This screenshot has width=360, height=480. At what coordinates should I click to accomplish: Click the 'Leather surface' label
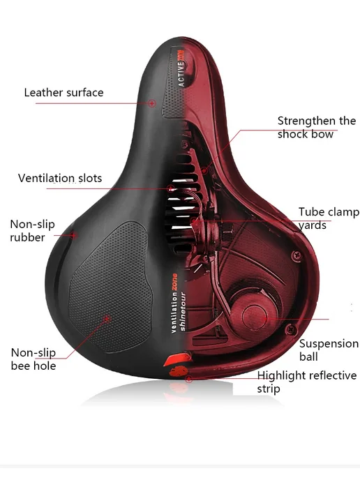63,93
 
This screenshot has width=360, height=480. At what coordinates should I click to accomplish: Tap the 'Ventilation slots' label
60,178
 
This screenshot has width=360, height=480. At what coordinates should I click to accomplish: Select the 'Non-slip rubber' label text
32,231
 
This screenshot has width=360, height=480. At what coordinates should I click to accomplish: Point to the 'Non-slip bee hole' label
33,359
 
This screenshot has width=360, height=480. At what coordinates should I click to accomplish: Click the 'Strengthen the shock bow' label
317,128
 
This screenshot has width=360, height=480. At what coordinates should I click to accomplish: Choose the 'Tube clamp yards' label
329,218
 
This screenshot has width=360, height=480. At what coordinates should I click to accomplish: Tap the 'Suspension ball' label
329,350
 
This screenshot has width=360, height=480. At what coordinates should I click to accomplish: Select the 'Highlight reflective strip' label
307,382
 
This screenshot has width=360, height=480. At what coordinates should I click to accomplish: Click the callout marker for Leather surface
152,103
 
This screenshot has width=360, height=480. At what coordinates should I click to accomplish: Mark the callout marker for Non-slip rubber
73,235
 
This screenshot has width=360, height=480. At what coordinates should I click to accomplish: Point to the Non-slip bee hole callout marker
107,319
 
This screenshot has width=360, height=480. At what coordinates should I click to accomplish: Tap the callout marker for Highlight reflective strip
189,379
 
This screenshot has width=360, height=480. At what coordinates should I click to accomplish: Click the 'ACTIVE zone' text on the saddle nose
181,68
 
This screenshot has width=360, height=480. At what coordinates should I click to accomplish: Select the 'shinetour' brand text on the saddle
183,312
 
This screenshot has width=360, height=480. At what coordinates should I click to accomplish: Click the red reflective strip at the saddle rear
177,359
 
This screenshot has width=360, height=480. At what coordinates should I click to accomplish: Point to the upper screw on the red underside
296,255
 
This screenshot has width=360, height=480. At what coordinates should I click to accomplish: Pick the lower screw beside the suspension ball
290,330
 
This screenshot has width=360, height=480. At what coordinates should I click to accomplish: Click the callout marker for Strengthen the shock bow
204,170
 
